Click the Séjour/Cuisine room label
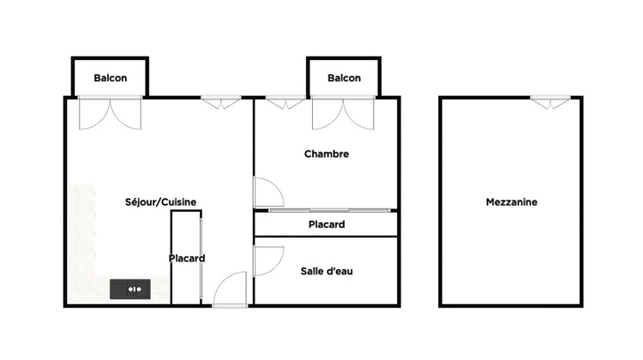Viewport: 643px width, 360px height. (x=160, y=202)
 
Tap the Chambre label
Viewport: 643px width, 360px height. (x=327, y=154)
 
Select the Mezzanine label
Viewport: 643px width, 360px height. (x=511, y=202)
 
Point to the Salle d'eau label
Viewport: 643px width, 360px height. (x=327, y=271)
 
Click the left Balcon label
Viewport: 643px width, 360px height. (x=111, y=78)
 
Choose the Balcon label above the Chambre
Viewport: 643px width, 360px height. (x=344, y=78)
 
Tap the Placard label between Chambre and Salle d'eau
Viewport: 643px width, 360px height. (x=327, y=225)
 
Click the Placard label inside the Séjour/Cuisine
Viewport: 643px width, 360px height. (x=186, y=258)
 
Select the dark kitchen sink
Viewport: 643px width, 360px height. (x=130, y=289)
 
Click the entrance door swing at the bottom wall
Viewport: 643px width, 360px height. (x=231, y=291)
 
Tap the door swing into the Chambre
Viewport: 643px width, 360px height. (x=267, y=192)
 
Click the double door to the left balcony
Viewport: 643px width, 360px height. (x=110, y=112)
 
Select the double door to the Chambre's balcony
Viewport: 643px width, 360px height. (x=343, y=112)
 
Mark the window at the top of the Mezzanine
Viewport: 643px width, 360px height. (x=550, y=103)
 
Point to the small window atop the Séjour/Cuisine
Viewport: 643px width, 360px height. (x=222, y=103)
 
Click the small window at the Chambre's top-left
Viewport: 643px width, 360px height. (x=285, y=103)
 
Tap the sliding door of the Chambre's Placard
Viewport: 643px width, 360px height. (x=327, y=210)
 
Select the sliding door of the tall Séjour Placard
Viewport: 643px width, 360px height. (x=201, y=258)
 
